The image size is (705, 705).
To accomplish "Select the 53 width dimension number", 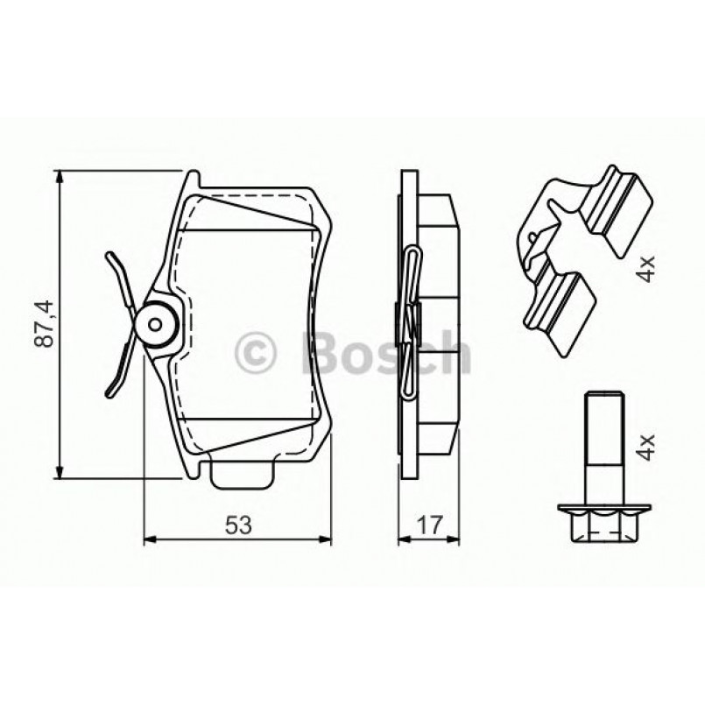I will (238, 525).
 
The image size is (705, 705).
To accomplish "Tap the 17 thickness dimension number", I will (429, 525).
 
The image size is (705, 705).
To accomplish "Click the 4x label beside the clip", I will (646, 265).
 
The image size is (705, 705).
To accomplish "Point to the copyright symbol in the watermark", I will (257, 354).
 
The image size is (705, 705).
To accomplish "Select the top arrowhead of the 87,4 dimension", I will (60, 178).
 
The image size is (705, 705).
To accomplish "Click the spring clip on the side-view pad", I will (412, 324).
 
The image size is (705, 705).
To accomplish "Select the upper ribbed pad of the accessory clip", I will (617, 207).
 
